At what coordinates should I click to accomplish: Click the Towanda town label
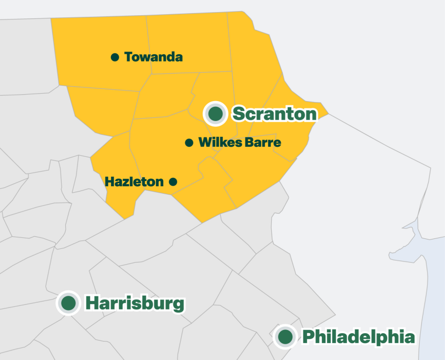pyautogui.click(x=153, y=57)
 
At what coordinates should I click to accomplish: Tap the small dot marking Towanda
pyautogui.click(x=115, y=57)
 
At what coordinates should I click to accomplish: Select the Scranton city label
pyautogui.click(x=274, y=114)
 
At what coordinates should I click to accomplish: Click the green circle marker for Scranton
pyautogui.click(x=215, y=113)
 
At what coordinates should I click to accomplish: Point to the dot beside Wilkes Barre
pyautogui.click(x=189, y=143)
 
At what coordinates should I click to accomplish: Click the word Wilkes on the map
pyautogui.click(x=216, y=143)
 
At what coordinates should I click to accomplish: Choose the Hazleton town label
pyautogui.click(x=134, y=182)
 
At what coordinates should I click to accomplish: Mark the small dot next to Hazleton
pyautogui.click(x=172, y=182)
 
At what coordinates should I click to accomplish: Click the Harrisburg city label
pyautogui.click(x=135, y=303)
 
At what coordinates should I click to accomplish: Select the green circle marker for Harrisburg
pyautogui.click(x=68, y=303)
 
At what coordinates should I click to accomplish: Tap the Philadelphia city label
pyautogui.click(x=358, y=336)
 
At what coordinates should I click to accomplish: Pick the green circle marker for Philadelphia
pyautogui.click(x=285, y=336)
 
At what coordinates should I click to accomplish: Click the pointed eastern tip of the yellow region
pyautogui.click(x=328, y=113)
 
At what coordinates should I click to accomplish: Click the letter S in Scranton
pyautogui.click(x=239, y=114)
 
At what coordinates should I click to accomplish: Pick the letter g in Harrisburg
pyautogui.click(x=179, y=305)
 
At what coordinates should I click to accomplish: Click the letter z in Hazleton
pyautogui.click(x=124, y=182)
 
